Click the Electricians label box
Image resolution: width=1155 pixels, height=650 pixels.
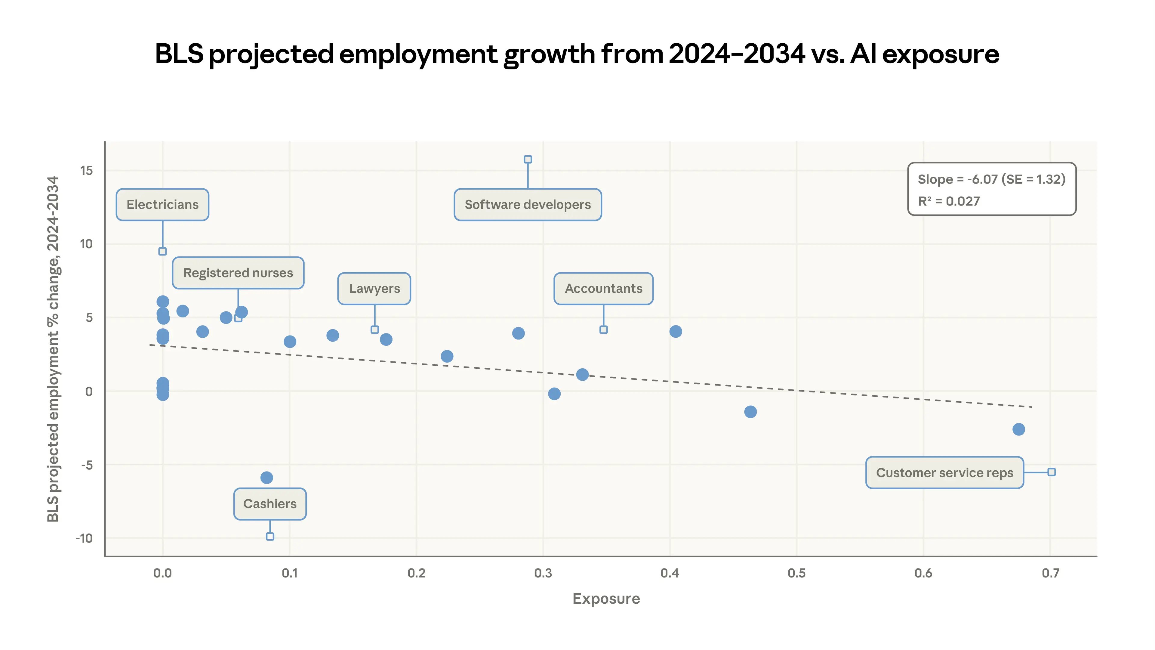(162, 205)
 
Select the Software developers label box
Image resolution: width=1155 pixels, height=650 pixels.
(528, 205)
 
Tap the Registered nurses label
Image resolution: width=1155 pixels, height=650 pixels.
(238, 273)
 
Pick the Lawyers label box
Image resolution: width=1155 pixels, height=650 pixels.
(374, 289)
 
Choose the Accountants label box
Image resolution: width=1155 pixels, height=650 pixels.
(603, 289)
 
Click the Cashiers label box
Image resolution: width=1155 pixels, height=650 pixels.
(270, 504)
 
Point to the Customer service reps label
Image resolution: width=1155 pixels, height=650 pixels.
(944, 472)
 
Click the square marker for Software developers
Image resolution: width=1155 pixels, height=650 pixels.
(528, 159)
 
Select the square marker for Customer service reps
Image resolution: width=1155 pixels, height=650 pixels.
(1052, 472)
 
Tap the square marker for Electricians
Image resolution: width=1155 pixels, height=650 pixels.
(162, 251)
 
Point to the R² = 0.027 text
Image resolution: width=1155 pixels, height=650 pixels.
(949, 201)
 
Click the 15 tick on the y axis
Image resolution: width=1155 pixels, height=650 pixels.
(87, 170)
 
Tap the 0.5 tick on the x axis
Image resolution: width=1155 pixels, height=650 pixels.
(796, 573)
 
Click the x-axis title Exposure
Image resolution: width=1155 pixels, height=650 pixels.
(606, 599)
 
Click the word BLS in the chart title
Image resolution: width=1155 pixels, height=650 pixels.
(179, 54)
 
